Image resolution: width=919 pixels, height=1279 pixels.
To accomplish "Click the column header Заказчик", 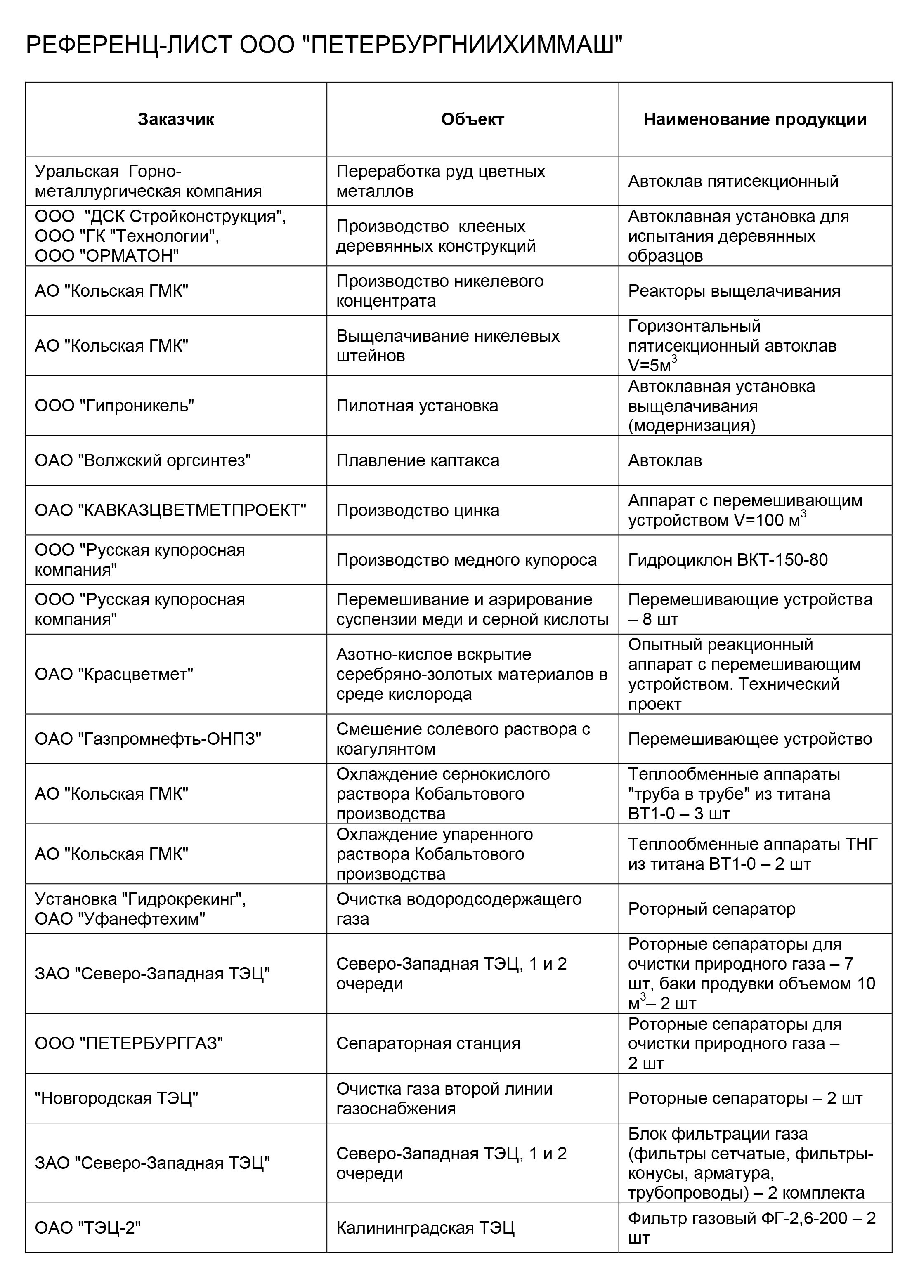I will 176,120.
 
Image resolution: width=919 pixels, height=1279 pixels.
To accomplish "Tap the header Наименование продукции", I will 755,120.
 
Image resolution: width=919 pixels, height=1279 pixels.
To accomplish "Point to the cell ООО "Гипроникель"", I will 115,406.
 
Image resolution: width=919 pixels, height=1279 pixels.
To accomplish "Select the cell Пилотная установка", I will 417,406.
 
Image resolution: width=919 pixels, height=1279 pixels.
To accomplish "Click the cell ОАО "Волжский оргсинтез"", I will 143,460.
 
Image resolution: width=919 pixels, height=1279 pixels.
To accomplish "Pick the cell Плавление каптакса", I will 418,460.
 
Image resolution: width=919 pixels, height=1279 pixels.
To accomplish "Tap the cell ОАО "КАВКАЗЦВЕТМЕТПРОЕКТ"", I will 170,510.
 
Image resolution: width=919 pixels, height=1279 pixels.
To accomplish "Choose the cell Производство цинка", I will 418,510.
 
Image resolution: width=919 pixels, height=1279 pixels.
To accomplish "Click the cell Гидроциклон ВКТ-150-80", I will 728,560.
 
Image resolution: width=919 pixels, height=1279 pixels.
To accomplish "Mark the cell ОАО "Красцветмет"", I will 114,674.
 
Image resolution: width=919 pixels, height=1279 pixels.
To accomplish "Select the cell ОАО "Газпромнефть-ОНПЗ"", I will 148,739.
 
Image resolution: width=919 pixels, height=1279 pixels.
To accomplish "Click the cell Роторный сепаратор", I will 711,909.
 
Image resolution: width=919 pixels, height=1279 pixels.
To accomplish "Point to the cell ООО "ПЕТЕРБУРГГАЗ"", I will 129,1043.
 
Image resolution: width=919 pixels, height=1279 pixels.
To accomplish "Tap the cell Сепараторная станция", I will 428,1043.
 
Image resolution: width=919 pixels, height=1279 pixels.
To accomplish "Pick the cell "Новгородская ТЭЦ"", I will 116,1098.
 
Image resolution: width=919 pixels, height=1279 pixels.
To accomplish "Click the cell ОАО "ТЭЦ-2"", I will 87,1228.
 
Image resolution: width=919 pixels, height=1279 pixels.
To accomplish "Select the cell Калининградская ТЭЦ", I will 425,1228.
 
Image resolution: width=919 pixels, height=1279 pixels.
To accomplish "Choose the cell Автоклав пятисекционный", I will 733,181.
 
